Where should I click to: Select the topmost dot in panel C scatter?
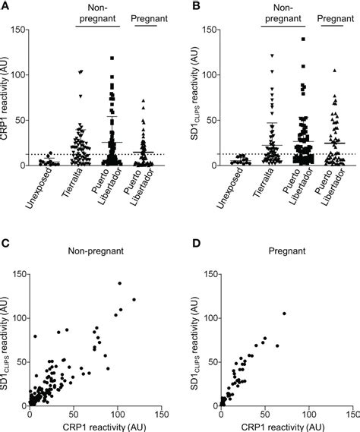point(118,283)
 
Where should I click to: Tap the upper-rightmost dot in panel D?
point(284,313)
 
